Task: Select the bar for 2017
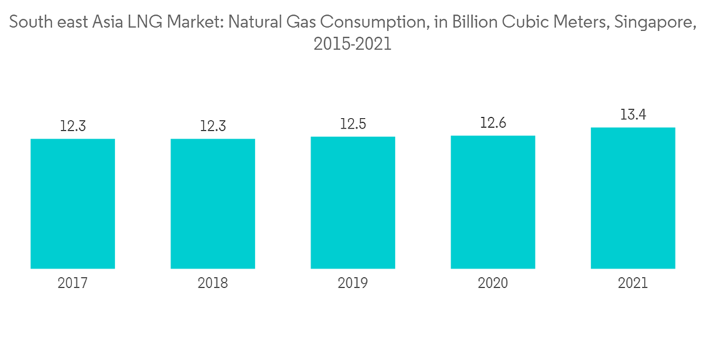click(73, 204)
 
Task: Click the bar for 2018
click(213, 204)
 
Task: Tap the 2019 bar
click(353, 202)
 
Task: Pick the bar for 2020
click(493, 201)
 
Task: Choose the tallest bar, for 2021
click(633, 198)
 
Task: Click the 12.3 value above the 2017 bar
click(73, 126)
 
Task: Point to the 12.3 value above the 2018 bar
click(213, 126)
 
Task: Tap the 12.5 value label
click(353, 124)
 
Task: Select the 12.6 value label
click(493, 124)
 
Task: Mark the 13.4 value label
click(633, 114)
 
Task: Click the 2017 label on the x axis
click(73, 284)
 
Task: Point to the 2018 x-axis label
click(213, 284)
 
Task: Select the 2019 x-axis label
click(353, 284)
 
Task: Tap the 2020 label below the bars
click(493, 284)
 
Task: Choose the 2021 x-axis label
click(633, 284)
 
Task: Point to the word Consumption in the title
click(372, 24)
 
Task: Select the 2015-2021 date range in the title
click(353, 44)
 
